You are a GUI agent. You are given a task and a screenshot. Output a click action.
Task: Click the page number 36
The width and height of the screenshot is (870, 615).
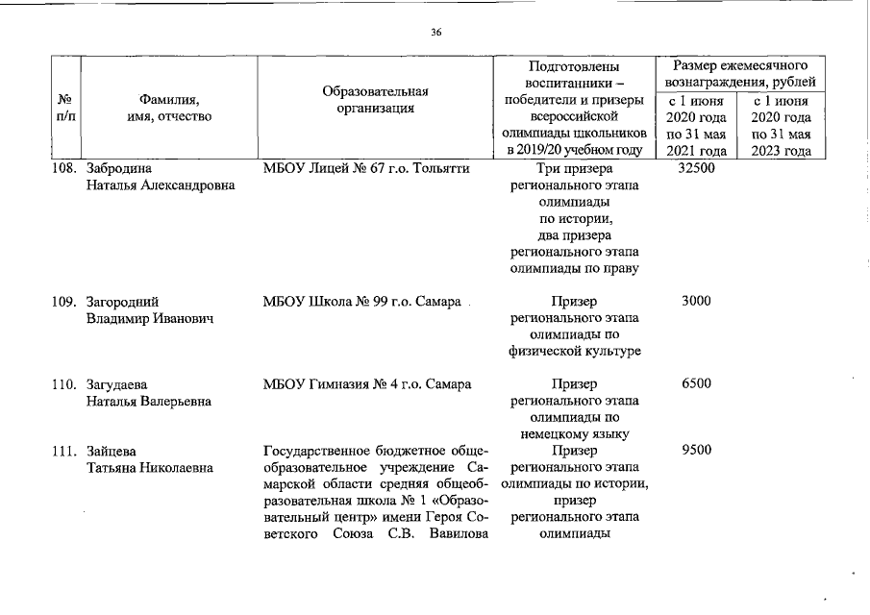[x=435, y=33]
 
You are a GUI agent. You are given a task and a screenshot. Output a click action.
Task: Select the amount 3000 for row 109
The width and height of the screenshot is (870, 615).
[x=695, y=301]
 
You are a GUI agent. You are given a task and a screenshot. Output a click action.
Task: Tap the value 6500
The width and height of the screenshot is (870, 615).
[x=695, y=383]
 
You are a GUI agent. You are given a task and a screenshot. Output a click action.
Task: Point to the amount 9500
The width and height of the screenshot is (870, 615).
[x=695, y=450]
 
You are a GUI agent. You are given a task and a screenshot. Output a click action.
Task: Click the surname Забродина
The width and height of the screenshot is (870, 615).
[x=118, y=168]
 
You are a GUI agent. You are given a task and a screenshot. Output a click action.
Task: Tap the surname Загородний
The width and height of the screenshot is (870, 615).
[x=122, y=301]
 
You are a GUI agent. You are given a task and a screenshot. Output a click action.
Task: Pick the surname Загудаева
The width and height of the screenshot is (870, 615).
[x=117, y=383]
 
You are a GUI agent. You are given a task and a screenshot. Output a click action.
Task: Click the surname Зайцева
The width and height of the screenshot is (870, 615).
[x=112, y=450]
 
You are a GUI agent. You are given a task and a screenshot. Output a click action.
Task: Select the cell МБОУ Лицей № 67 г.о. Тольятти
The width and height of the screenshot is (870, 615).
[x=366, y=168]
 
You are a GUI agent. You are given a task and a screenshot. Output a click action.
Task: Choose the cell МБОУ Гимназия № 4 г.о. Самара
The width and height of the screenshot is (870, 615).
[x=367, y=383]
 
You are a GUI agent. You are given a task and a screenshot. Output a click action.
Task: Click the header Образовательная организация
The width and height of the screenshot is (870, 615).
[x=375, y=100]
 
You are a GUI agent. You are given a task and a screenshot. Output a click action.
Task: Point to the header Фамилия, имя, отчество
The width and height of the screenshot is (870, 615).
[x=169, y=108]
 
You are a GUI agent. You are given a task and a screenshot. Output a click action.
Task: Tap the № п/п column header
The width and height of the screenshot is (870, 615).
[x=65, y=108]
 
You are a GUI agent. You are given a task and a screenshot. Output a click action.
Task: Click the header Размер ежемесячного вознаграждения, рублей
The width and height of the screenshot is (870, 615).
[x=738, y=73]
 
